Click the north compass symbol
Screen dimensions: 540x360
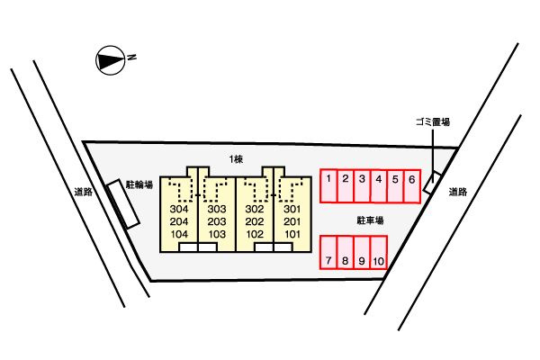pyautogui.click(x=110, y=60)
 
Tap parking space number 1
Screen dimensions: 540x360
pyautogui.click(x=328, y=185)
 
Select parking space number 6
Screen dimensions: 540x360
pyautogui.click(x=412, y=186)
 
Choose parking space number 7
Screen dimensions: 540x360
pyautogui.click(x=328, y=252)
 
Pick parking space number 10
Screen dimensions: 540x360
pyautogui.click(x=379, y=252)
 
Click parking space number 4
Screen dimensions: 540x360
pyautogui.click(x=379, y=186)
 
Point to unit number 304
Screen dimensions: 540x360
pyautogui.click(x=179, y=209)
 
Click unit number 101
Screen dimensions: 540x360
pyautogui.click(x=292, y=234)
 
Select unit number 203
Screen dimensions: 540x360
pyautogui.click(x=217, y=221)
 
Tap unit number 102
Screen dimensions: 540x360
pyautogui.click(x=255, y=234)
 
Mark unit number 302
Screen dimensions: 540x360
pyautogui.click(x=255, y=209)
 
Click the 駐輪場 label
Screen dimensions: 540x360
pyautogui.click(x=139, y=185)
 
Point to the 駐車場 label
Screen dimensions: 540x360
pyautogui.click(x=370, y=220)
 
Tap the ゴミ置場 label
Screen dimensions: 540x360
pyautogui.click(x=433, y=122)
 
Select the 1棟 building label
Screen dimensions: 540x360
pyautogui.click(x=236, y=159)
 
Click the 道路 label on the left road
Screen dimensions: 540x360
pyautogui.click(x=84, y=192)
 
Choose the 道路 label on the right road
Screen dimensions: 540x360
pyautogui.click(x=458, y=192)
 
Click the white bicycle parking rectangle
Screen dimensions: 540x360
pyautogui.click(x=123, y=204)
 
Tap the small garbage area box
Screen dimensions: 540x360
pyautogui.click(x=432, y=182)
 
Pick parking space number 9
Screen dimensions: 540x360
pyautogui.click(x=362, y=252)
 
